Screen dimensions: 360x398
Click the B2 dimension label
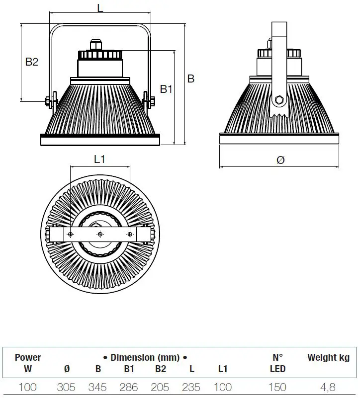(x=32, y=62)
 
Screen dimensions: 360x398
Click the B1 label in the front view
(x=166, y=89)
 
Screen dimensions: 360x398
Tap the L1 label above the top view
(x=99, y=159)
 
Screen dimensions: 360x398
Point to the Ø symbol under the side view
(x=280, y=160)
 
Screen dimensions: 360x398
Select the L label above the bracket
(x=100, y=8)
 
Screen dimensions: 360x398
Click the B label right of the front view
(x=191, y=79)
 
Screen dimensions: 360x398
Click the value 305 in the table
(x=66, y=388)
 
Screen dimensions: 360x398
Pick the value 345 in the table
(x=97, y=388)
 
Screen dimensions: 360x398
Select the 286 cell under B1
(x=129, y=388)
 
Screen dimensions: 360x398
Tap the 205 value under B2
(x=160, y=388)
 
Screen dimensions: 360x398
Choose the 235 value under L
(x=191, y=388)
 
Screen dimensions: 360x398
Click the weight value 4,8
(x=328, y=388)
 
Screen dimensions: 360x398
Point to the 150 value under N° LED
(x=277, y=388)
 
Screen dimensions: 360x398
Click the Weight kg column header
(x=329, y=358)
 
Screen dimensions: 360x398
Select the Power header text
(x=28, y=357)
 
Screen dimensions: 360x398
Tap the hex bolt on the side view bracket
(x=279, y=99)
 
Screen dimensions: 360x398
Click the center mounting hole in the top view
(x=100, y=235)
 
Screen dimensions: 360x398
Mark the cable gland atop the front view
(x=95, y=45)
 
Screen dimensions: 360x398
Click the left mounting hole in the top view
(x=71, y=235)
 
